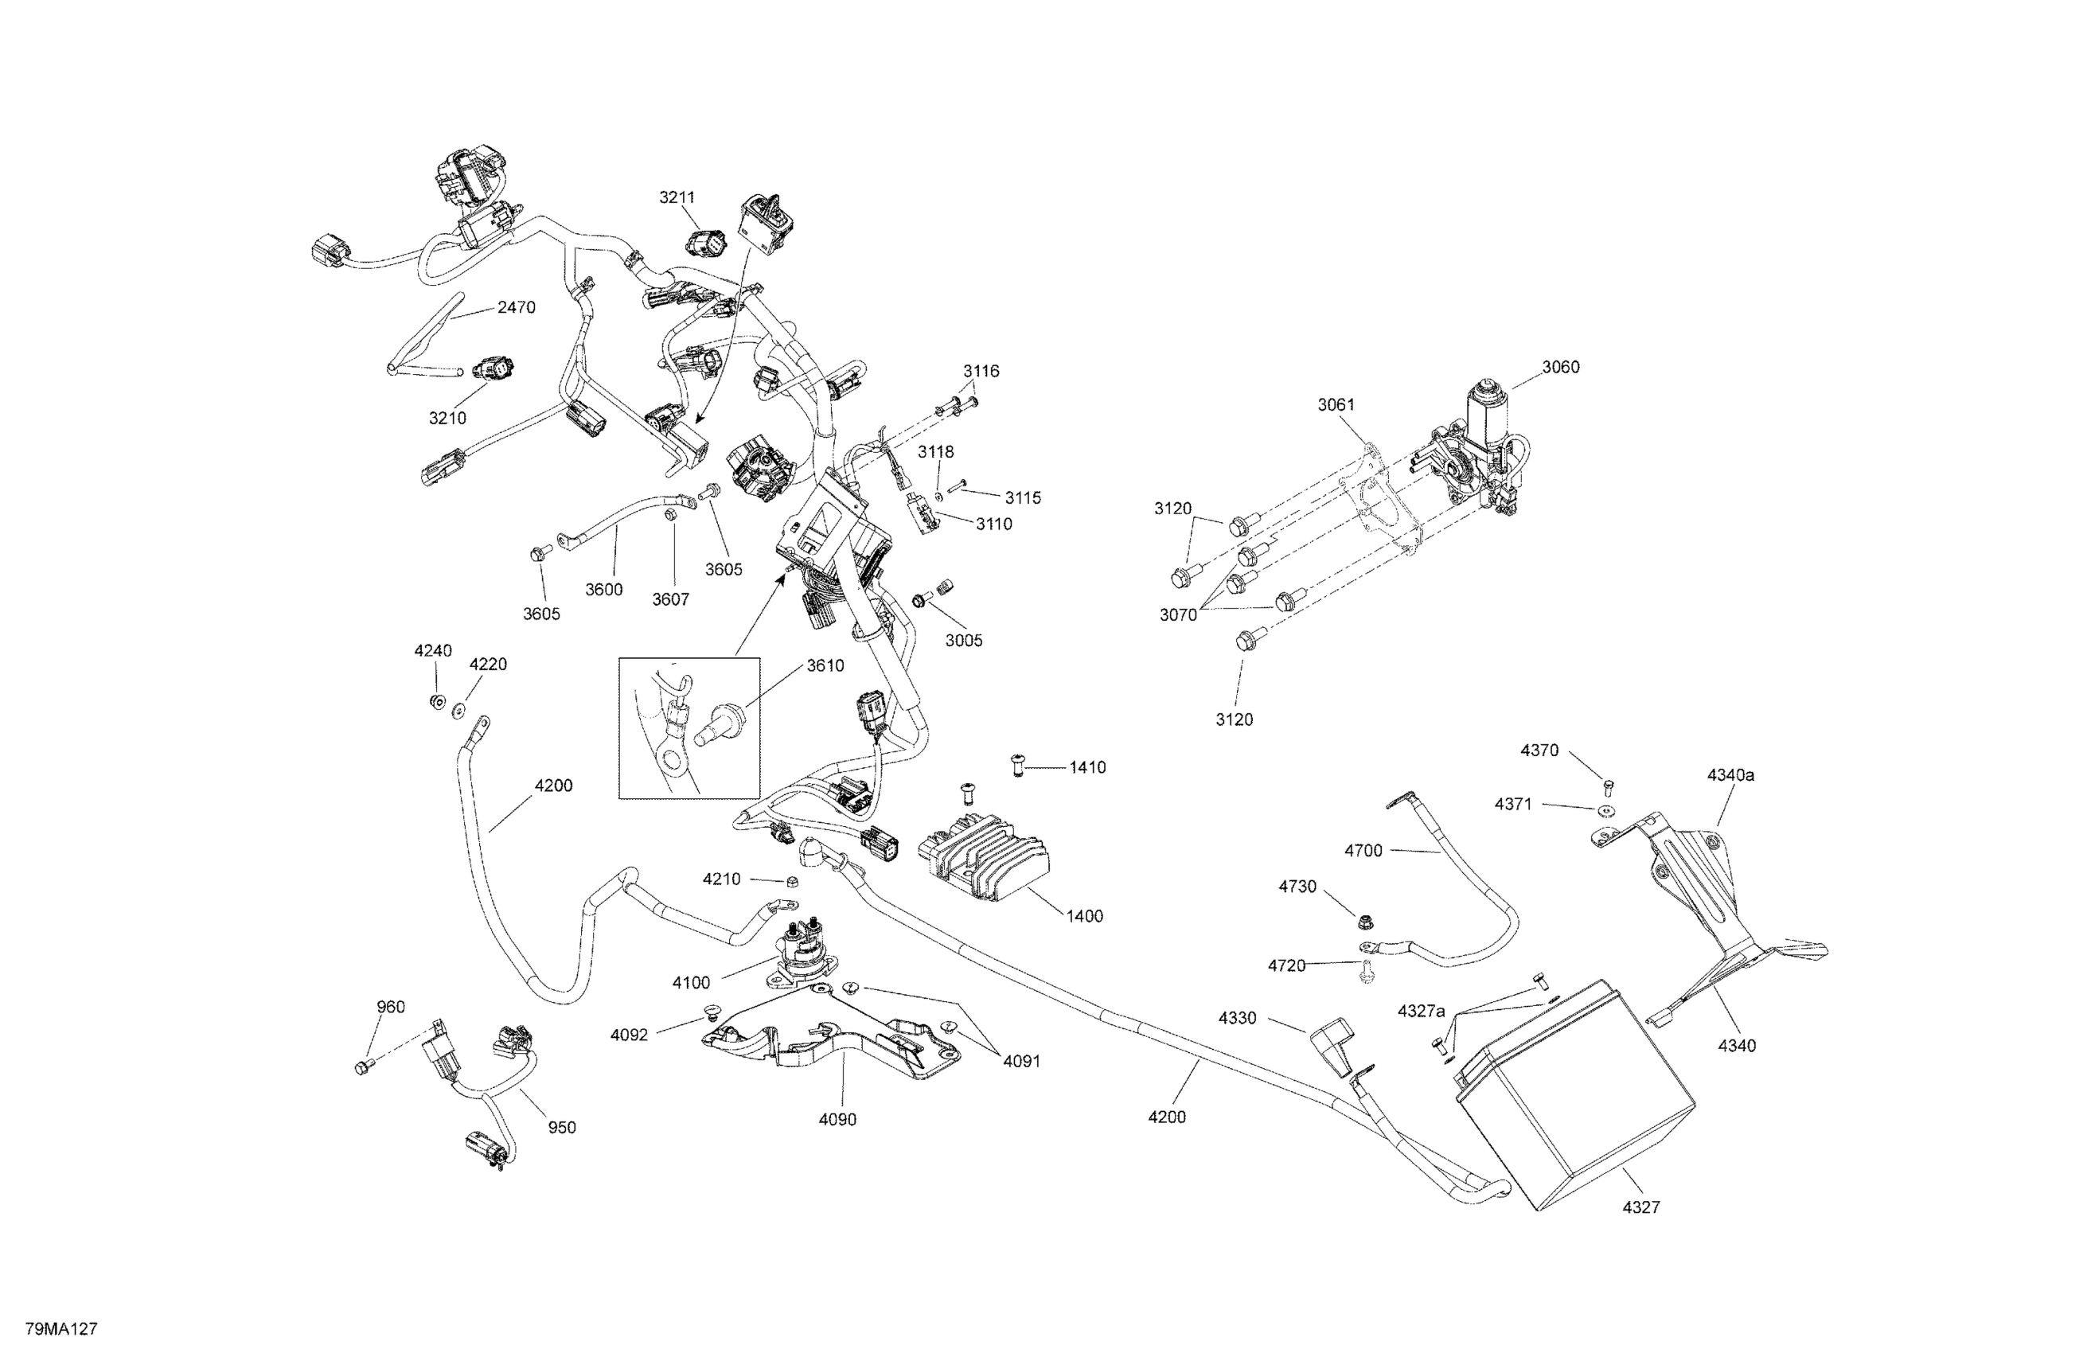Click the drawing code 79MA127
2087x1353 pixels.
[61, 1328]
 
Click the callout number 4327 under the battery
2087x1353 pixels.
[1640, 1207]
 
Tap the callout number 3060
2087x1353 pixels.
[1561, 368]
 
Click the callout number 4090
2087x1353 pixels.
[837, 1120]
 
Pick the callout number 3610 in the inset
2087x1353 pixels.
[825, 666]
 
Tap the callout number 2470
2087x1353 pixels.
[517, 308]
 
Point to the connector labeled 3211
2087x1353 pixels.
[707, 242]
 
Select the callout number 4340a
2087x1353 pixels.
[1731, 775]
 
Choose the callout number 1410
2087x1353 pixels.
[1087, 767]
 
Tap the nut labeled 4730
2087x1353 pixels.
[1364, 922]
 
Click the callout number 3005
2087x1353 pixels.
[964, 641]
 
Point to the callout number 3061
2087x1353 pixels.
[1336, 405]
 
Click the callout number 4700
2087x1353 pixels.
[1363, 851]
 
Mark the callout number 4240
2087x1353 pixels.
[433, 650]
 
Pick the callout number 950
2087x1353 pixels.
[562, 1128]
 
